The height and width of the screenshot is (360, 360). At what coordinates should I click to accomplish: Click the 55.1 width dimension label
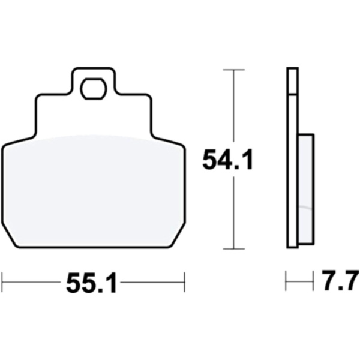click(92, 283)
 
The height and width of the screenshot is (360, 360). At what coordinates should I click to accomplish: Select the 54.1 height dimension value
click(227, 160)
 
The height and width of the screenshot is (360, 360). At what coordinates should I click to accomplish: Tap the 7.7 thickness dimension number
click(340, 280)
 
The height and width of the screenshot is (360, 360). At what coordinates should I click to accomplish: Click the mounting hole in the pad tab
click(94, 89)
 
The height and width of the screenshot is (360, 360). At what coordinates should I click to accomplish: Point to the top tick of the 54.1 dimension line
click(234, 70)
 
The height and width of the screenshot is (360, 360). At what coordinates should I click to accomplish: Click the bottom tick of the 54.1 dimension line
click(234, 248)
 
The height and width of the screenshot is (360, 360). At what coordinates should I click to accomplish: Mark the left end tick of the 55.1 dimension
click(2, 282)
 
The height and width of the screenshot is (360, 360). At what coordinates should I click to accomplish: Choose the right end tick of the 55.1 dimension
click(185, 282)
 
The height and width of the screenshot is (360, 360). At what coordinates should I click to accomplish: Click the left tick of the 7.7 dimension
click(286, 281)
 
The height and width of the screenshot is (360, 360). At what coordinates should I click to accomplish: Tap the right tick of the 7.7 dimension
click(313, 281)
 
